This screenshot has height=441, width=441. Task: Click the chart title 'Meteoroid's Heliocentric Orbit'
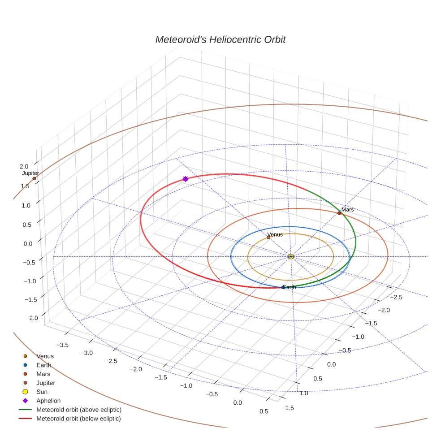click(x=220, y=39)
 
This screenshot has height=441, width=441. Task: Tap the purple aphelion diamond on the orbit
click(x=185, y=179)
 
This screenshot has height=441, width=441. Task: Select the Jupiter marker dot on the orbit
click(x=34, y=179)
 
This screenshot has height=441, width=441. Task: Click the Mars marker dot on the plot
click(x=339, y=213)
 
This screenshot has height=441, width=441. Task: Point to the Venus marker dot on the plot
click(x=268, y=237)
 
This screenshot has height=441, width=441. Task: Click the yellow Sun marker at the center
click(x=291, y=256)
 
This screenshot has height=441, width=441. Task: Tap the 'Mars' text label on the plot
click(x=347, y=209)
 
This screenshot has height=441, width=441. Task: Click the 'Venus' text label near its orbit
click(x=275, y=234)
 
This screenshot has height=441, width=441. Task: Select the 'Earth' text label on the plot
click(x=289, y=287)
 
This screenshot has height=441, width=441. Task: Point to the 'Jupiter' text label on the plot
click(x=30, y=173)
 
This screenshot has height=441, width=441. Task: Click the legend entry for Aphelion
click(x=48, y=401)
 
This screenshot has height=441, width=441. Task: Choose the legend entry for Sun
click(x=42, y=392)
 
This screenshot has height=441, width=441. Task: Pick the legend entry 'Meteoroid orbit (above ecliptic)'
click(x=79, y=410)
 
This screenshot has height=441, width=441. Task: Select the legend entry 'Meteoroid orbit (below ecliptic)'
click(x=79, y=419)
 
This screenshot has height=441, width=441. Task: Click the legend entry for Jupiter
click(x=46, y=383)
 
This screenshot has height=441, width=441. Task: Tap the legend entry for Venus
click(x=45, y=356)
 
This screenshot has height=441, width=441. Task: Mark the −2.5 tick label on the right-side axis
click(x=397, y=297)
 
